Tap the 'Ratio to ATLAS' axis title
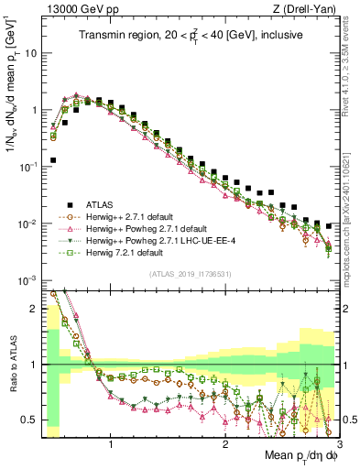click(11, 365)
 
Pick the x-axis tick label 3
click(339, 443)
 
